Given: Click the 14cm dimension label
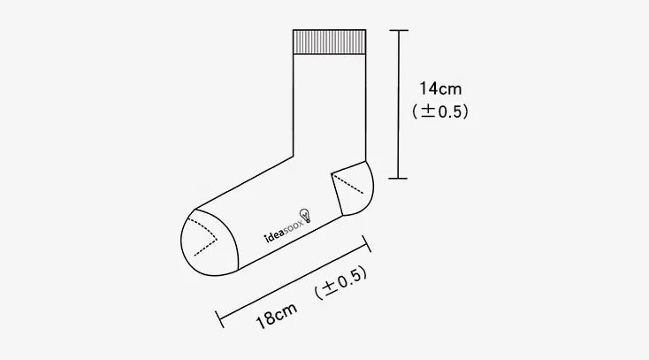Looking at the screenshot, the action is click(x=440, y=88).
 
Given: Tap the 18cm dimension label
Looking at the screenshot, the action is click(x=277, y=315).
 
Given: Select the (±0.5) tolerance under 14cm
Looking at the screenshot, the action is click(x=440, y=111).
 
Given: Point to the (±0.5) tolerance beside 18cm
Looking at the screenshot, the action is click(x=340, y=282).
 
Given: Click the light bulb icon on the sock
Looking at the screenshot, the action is click(x=306, y=216).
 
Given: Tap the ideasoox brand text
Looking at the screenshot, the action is click(x=284, y=232).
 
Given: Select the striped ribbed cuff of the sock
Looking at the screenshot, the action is click(x=330, y=42).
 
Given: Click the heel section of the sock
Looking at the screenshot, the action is click(x=353, y=188).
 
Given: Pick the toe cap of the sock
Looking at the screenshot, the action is click(x=210, y=242).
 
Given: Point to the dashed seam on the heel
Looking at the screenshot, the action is click(x=348, y=184).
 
